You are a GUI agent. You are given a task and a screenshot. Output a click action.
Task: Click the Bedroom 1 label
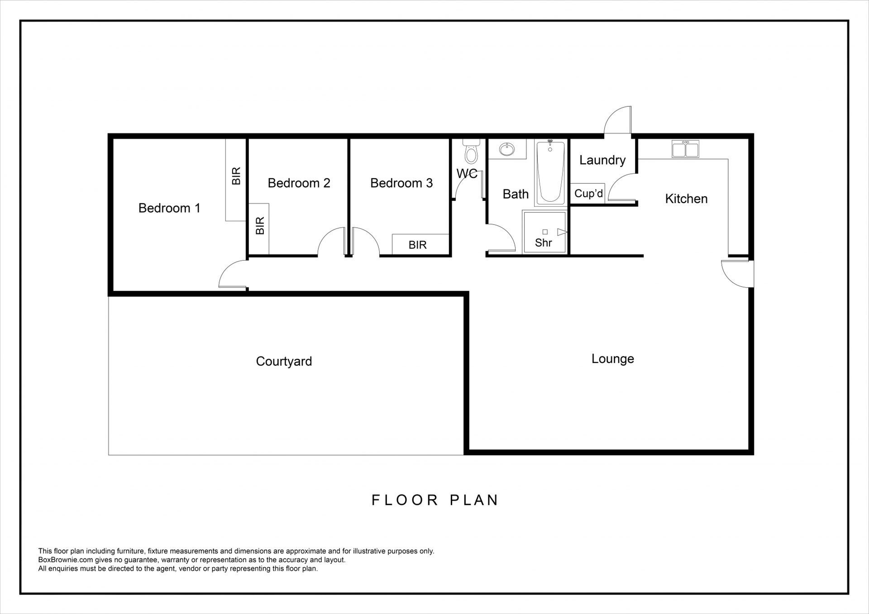point(169,208)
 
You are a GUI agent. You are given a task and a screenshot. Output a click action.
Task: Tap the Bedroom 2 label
point(299,183)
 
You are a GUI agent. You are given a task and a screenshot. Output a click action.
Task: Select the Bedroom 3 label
point(401,183)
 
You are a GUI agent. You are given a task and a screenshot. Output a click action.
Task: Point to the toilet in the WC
point(471,151)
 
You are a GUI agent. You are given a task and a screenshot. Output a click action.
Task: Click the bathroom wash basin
point(507,149)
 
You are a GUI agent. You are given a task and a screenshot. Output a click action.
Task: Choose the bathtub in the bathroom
point(550,172)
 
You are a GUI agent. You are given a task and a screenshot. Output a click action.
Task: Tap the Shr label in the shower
point(543,243)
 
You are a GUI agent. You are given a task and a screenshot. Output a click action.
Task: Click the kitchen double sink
point(685,149)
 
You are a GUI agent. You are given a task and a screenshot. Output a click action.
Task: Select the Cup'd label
point(588,194)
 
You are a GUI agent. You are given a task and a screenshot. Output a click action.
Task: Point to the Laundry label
point(602,160)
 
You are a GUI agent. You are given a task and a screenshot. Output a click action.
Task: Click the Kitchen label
point(686,199)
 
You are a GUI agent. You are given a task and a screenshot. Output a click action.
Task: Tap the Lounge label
point(612,359)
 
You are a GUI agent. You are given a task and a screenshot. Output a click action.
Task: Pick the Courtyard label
point(284,362)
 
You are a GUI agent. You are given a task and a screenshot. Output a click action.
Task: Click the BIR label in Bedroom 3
point(417,245)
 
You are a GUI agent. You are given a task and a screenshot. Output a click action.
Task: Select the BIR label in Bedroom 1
point(236,176)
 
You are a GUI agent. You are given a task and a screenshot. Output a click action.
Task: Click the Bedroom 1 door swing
point(232,274)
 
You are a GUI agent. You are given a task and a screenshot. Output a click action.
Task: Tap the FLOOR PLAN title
point(435,500)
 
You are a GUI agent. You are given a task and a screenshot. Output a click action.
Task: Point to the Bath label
point(516,194)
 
